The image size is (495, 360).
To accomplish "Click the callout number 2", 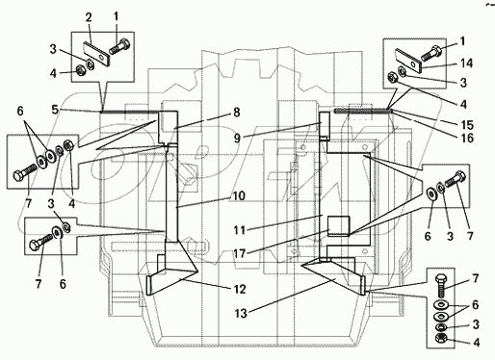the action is pos(89,17).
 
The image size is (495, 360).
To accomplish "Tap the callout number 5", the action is pos(56,110).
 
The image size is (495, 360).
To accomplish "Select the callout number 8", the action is pos(237,113).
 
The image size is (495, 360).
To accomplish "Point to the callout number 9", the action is pos(237,138).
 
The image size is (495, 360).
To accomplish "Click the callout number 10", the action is pos(239,195).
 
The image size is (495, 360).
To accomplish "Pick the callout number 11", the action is pos(240,230).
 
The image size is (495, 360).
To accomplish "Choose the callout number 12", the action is pos(240,289).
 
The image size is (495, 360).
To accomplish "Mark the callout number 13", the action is pos(241,313).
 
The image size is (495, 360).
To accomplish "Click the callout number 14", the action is pos(466,64).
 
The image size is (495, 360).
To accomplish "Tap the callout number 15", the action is pos(467,124).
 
